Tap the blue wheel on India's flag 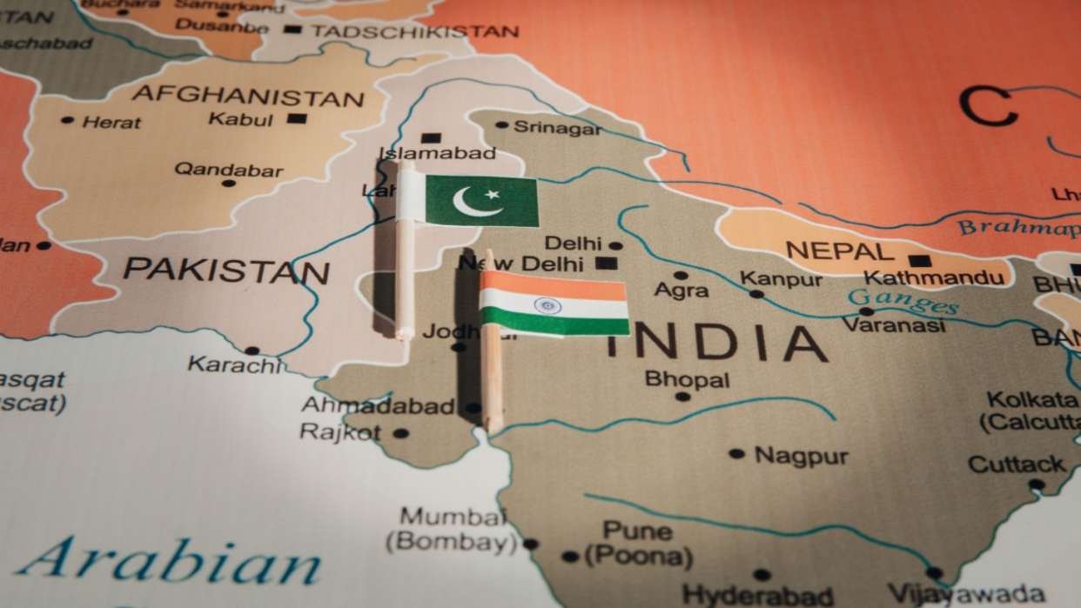coord(547,305)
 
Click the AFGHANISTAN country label coord(248,96)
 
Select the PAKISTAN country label coord(226,271)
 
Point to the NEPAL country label coord(839,252)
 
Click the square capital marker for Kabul coord(297,118)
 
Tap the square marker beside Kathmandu coord(919,260)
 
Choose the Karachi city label coord(235,365)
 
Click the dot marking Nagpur coord(736,453)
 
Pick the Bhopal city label coord(687,379)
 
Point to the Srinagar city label coord(557,128)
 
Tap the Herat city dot coord(68,120)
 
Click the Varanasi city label coord(894,325)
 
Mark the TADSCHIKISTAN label coord(415,31)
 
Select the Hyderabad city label coord(758,595)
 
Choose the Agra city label coord(681,291)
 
